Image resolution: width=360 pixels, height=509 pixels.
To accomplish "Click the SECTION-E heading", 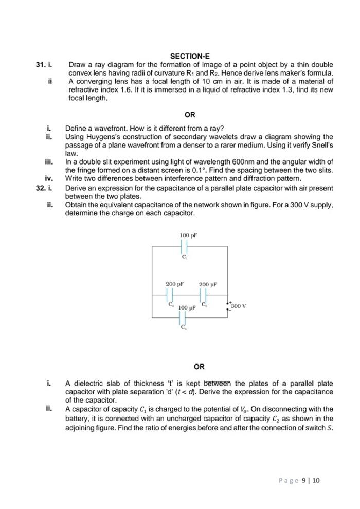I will pyautogui.click(x=190, y=56).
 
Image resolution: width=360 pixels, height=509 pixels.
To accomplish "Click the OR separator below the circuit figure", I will pyautogui.click(x=200, y=367).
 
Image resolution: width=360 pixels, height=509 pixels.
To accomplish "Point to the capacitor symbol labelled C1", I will pyautogui.click(x=184, y=246).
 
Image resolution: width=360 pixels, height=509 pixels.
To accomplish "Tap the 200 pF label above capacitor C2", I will pyautogui.click(x=175, y=284).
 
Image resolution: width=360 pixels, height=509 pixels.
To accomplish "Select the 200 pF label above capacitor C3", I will pyautogui.click(x=208, y=284).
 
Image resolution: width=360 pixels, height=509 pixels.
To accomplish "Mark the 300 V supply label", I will pyautogui.click(x=239, y=306).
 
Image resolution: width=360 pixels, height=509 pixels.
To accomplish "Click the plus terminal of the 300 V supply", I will pyautogui.click(x=230, y=303).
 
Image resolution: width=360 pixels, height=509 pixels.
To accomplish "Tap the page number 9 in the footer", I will pyautogui.click(x=304, y=481).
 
